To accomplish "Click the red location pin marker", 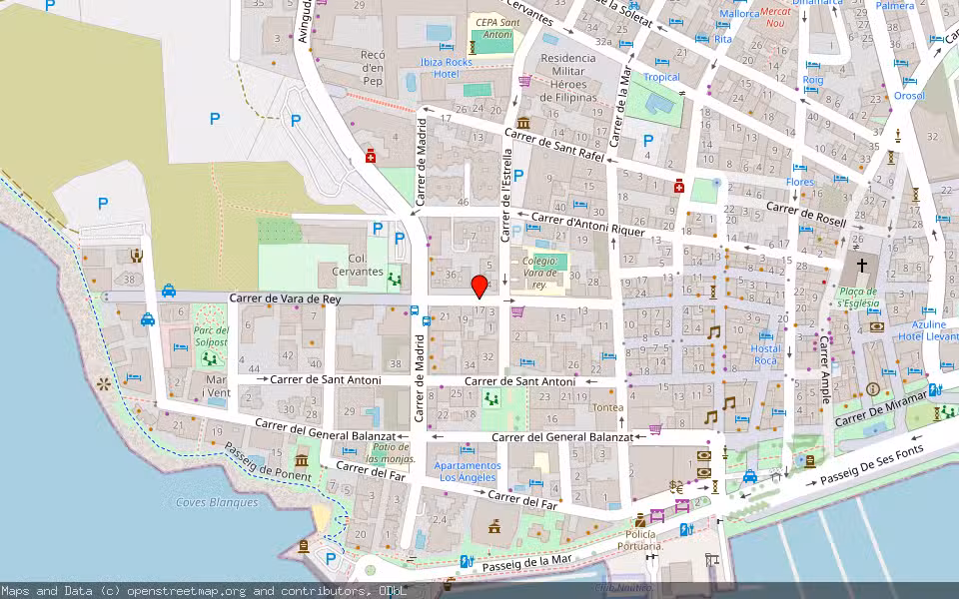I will (x=479, y=286).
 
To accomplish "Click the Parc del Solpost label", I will (x=211, y=336).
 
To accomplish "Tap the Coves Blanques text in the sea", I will (x=217, y=502).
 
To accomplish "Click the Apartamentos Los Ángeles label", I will (x=468, y=471).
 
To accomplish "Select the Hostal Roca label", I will (x=765, y=354).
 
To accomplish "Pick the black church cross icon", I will (x=861, y=266).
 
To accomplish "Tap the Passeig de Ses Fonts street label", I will (x=868, y=471).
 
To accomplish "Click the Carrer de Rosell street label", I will (x=806, y=214).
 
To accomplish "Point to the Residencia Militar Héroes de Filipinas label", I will (x=568, y=78).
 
